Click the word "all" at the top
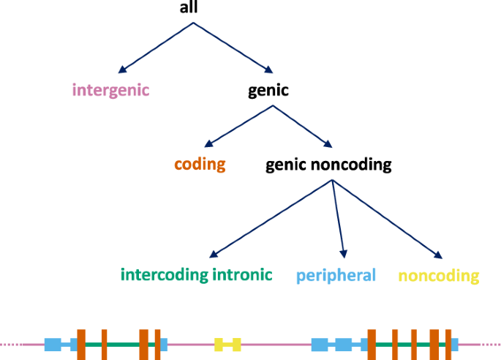(189, 8)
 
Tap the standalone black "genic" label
(268, 91)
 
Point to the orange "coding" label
(200, 164)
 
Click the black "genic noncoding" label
(328, 165)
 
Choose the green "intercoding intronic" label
(196, 275)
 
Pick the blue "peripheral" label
(336, 276)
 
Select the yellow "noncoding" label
(438, 276)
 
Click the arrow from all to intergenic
(156, 48)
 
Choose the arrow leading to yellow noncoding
(387, 219)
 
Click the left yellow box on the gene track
(219, 343)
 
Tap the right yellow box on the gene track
(236, 343)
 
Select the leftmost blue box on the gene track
(53, 344)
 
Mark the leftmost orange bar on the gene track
(81, 344)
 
